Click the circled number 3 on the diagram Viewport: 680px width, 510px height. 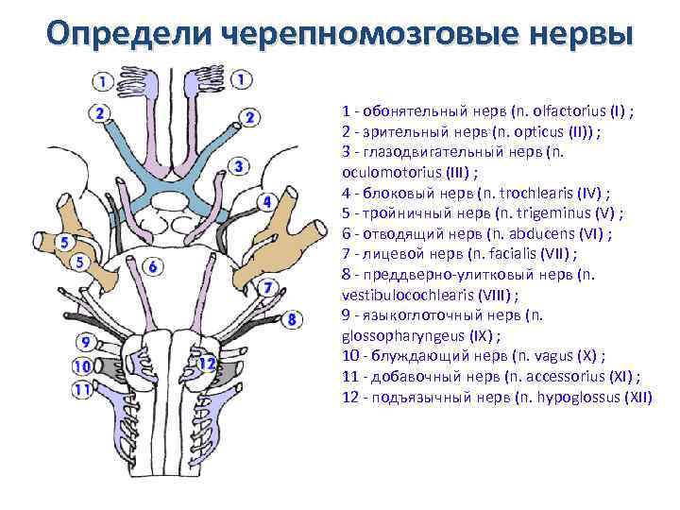[240, 167]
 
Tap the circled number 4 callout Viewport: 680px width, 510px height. [267, 202]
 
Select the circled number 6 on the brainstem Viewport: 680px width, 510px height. [153, 267]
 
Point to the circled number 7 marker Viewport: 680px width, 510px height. [268, 286]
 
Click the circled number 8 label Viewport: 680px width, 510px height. [293, 320]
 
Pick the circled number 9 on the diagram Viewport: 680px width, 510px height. [86, 342]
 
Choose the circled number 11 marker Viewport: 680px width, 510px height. [82, 388]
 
